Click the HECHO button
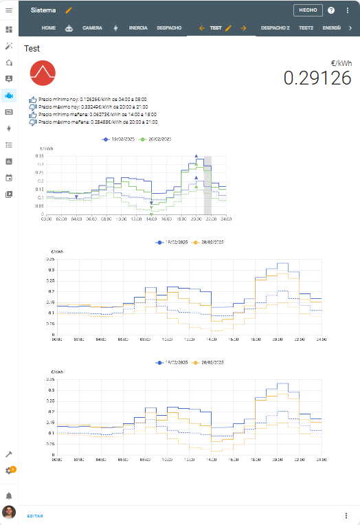tap(307, 10)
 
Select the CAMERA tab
tap(92, 28)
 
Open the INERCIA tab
tap(137, 28)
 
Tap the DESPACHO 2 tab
tap(275, 28)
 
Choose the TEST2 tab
tap(306, 28)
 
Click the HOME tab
tap(48, 28)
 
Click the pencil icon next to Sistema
tap(68, 10)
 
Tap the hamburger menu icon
tap(9, 10)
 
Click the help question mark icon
tap(331, 10)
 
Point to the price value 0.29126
tap(317, 78)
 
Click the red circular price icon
tap(43, 74)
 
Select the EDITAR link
tap(35, 515)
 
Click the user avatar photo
tap(9, 513)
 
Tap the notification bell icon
tap(9, 495)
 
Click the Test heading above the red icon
tap(32, 49)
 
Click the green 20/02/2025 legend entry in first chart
tap(156, 139)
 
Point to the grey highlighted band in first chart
tap(207, 186)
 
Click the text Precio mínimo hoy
tap(59, 100)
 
